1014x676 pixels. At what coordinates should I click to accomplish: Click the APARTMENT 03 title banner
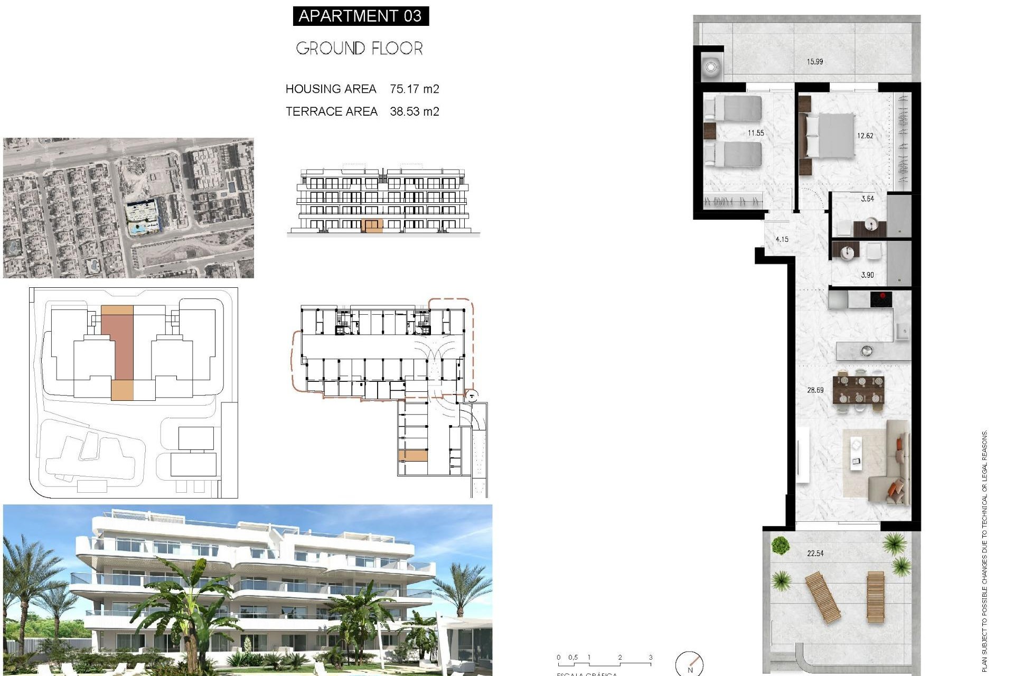[360, 16]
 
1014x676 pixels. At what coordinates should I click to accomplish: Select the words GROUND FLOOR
[359, 49]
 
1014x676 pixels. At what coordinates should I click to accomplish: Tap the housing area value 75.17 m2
[414, 89]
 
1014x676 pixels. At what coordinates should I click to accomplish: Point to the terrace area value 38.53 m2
[414, 111]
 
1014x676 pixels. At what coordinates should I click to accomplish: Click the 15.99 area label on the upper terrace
[814, 62]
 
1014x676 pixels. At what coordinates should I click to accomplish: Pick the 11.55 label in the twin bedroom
[755, 133]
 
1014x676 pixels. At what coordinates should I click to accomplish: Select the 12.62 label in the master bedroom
[865, 136]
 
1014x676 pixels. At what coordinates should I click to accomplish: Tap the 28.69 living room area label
[815, 390]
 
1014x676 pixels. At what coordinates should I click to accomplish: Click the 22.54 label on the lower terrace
[815, 553]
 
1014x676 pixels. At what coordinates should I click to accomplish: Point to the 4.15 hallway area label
[782, 239]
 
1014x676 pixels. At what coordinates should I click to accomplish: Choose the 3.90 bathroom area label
[867, 275]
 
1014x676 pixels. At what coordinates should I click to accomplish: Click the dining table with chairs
[858, 390]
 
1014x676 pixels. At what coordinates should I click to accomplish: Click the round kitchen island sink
[866, 350]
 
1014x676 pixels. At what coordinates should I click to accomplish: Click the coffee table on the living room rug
[856, 453]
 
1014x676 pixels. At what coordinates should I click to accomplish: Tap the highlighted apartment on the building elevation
[372, 226]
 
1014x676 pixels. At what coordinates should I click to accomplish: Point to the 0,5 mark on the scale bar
[573, 658]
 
